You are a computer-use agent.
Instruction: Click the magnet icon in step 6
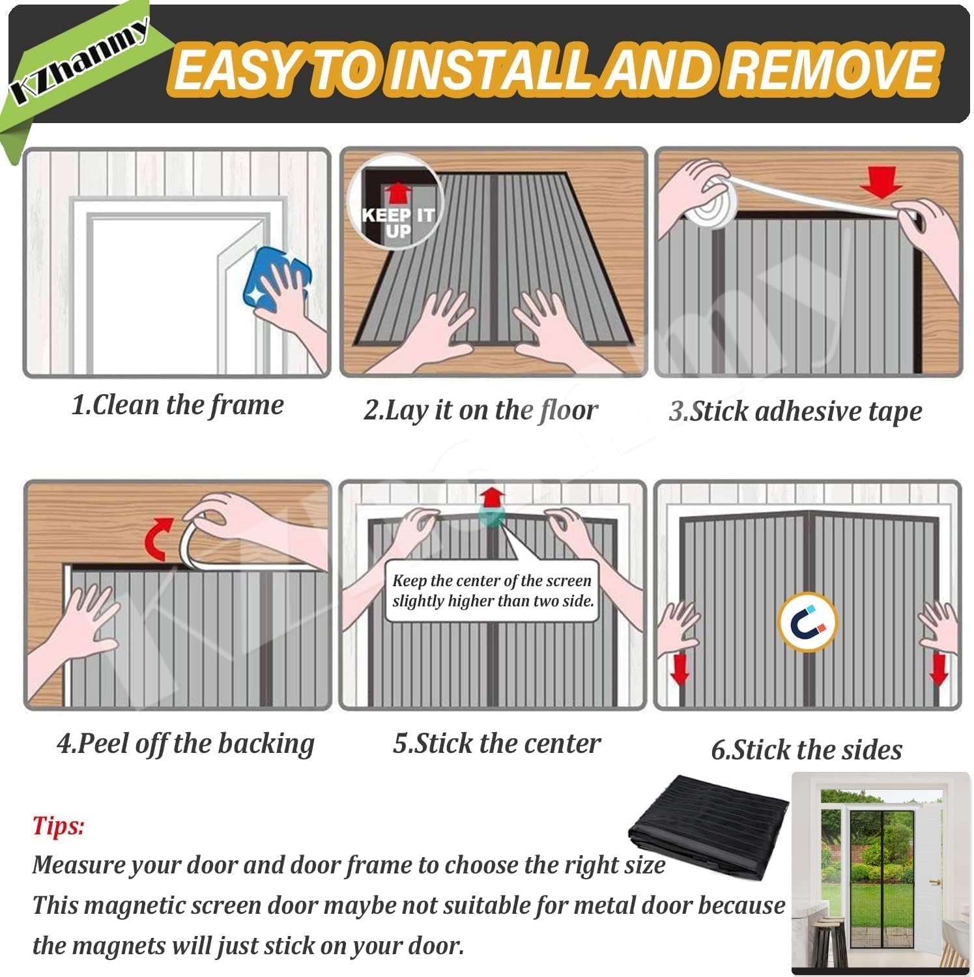pos(808,623)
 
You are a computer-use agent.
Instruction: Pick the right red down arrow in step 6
pos(938,670)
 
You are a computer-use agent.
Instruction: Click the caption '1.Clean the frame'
pos(177,405)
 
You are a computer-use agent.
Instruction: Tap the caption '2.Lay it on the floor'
pos(480,410)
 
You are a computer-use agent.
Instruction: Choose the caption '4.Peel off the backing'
pos(186,743)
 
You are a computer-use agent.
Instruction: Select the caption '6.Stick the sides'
pos(807,750)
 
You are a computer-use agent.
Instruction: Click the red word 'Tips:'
pos(58,826)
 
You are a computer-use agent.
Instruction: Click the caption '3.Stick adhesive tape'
pos(795,412)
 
